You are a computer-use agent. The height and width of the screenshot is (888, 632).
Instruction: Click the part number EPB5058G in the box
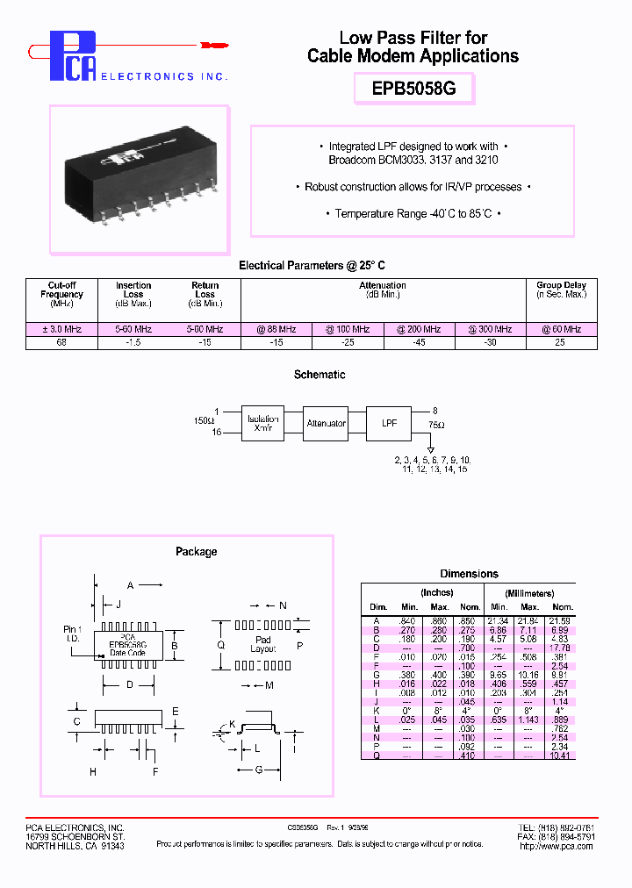pos(413,89)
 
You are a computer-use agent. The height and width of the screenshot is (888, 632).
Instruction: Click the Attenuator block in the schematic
pos(326,423)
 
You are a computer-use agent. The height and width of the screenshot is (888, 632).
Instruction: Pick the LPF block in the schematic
pos(388,423)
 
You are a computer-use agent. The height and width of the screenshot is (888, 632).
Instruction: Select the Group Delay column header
pos(561,290)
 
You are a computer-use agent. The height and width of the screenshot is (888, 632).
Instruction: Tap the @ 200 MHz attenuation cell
pos(418,329)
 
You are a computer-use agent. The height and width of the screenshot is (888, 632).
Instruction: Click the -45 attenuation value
pos(418,342)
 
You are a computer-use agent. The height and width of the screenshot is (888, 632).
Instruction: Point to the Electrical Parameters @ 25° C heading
pos(312,265)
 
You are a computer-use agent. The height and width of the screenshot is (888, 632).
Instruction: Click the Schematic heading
pos(320,375)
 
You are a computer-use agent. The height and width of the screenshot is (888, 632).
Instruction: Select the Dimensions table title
pos(469,574)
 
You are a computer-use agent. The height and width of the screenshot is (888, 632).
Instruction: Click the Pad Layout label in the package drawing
pos(262,645)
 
